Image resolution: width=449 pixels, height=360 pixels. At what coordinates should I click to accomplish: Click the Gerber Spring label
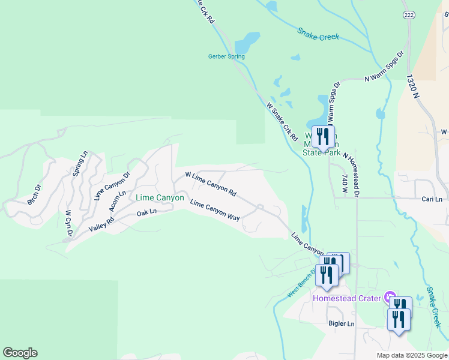(226, 57)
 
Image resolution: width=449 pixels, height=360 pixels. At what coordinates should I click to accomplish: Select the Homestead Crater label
(348, 298)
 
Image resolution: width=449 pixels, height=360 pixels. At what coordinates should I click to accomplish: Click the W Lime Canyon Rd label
(211, 184)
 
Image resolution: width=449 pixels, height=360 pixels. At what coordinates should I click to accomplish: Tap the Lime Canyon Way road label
(214, 210)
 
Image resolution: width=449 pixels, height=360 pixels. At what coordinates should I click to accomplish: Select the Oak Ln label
(146, 213)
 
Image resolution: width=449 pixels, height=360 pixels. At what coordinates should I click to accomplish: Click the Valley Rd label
(101, 224)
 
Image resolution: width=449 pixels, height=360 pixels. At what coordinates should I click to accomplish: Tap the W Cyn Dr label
(68, 223)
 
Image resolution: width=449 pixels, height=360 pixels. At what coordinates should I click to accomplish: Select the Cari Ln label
(432, 199)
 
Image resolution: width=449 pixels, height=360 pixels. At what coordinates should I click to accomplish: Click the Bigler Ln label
(342, 324)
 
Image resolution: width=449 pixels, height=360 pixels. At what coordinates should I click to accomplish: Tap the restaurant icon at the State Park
(323, 136)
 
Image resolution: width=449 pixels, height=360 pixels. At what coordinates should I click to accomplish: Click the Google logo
(20, 352)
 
